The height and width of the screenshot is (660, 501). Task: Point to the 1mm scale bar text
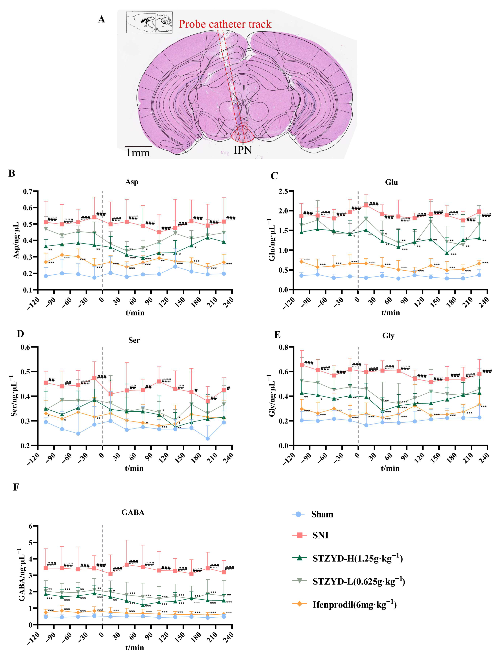pos(138,153)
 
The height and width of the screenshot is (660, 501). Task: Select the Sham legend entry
pos(322,514)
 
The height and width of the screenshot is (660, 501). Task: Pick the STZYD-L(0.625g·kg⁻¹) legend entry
pos(358,582)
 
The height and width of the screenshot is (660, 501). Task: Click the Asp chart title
pos(132,182)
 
